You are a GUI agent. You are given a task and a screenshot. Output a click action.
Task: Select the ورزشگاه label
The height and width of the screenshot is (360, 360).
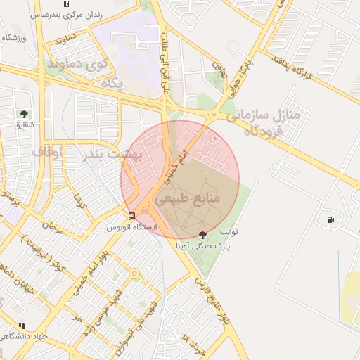coord(14,37)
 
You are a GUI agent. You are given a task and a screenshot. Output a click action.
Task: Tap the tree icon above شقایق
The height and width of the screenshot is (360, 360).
coord(25,113)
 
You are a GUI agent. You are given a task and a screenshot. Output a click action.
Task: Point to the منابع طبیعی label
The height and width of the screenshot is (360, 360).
coord(187,199)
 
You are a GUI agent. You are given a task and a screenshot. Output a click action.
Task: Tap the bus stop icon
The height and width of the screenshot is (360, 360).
coord(131,216)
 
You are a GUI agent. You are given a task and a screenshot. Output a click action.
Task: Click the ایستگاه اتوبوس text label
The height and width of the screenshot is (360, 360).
coord(131,228)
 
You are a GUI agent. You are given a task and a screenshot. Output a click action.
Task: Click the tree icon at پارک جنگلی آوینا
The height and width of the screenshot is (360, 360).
coord(203,234)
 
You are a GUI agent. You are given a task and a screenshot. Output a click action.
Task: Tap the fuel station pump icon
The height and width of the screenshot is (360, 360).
coord(330,220)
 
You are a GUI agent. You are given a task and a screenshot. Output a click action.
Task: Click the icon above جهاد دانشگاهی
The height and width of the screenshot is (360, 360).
coord(22,326)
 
